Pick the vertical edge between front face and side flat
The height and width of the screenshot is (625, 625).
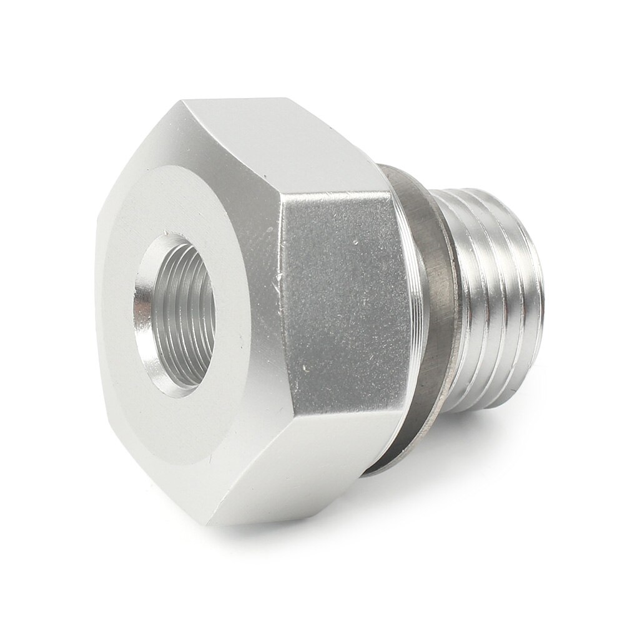(x=283, y=312)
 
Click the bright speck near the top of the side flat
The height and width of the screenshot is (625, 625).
(x=354, y=240)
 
